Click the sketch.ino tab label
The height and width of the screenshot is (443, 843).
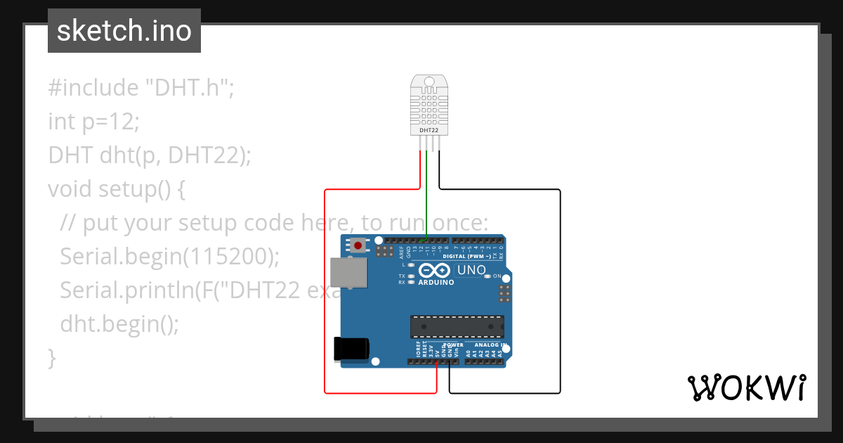124,31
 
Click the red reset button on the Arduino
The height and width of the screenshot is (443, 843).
359,246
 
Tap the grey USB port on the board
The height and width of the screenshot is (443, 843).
348,272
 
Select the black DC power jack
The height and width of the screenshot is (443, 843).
351,349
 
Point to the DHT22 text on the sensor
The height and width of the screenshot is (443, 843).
429,130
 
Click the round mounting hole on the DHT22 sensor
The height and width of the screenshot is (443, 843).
429,83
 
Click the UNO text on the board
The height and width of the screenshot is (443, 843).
471,270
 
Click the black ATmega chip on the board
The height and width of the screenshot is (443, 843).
457,326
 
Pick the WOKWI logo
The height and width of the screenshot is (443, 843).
746,387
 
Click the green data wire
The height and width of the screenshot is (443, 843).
426,197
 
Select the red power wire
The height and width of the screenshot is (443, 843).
325,295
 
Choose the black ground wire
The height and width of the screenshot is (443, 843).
560,295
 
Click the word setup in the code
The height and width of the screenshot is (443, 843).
122,189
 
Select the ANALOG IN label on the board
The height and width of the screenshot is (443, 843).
490,345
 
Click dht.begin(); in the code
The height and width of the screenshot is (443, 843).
119,324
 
